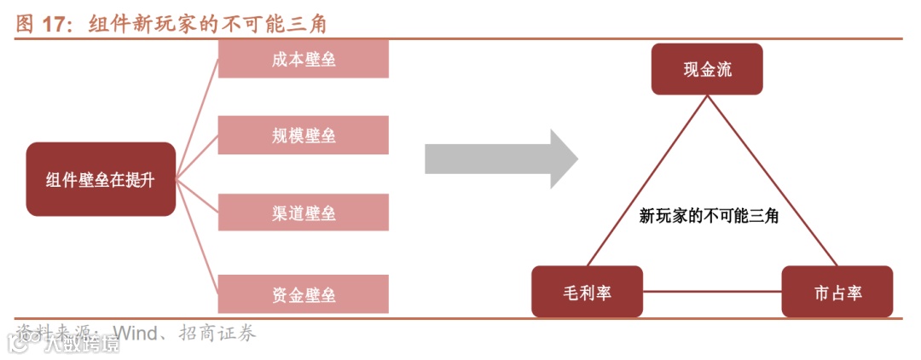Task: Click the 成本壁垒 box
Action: (304, 61)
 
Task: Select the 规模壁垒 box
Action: (304, 136)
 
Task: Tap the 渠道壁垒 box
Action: (304, 212)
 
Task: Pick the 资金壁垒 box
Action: (304, 295)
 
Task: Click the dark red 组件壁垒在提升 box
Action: (101, 179)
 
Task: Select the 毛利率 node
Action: (587, 292)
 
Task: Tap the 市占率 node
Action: (837, 292)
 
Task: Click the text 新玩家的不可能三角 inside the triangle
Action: (709, 217)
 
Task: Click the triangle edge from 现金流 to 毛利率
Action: (646, 180)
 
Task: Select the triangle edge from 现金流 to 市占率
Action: (771, 180)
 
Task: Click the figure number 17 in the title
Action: (58, 25)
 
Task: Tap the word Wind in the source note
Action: (136, 332)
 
